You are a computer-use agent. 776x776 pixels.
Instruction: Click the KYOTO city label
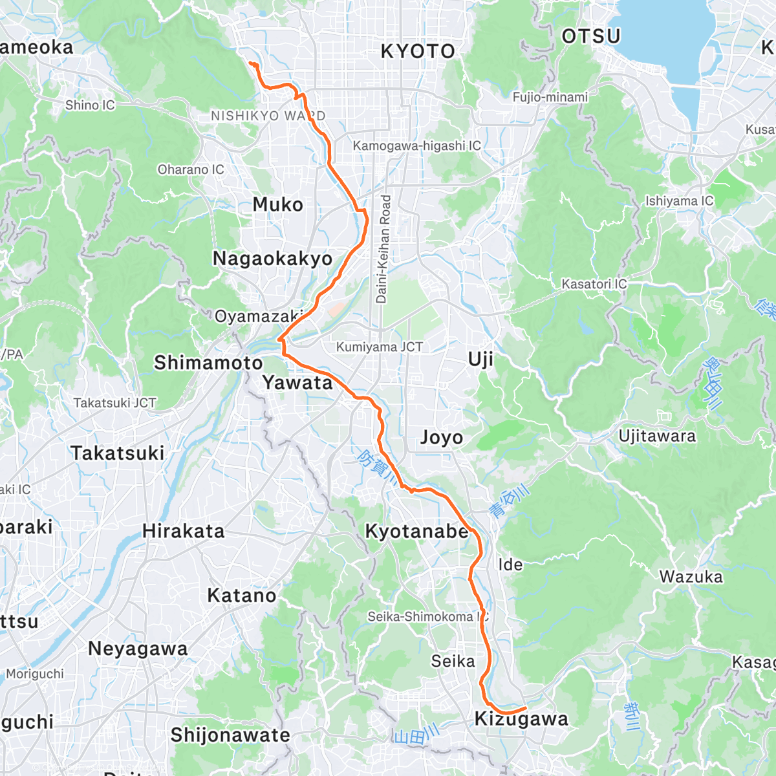(418, 52)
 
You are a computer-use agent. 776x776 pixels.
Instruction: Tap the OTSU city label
(591, 36)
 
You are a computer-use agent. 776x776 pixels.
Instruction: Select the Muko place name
(278, 205)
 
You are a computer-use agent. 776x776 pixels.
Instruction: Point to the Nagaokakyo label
(272, 259)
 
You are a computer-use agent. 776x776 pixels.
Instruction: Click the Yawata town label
(297, 383)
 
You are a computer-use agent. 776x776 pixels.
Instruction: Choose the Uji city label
(480, 360)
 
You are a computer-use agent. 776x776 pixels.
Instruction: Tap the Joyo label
(442, 438)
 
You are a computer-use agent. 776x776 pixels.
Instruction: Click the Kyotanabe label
(417, 532)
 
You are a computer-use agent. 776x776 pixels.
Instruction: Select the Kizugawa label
(521, 719)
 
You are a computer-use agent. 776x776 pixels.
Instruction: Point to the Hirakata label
(184, 532)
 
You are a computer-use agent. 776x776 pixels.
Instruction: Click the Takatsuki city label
(118, 453)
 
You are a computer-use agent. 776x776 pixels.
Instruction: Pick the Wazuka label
(691, 577)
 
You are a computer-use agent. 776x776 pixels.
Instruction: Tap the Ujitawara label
(657, 436)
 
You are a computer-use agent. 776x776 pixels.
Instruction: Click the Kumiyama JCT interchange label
(380, 347)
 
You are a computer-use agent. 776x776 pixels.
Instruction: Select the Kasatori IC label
(594, 284)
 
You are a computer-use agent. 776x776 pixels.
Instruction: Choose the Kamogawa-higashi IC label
(416, 146)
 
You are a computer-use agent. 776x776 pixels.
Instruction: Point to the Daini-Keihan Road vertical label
(383, 249)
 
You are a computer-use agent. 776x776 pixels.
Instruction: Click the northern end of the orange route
(250, 63)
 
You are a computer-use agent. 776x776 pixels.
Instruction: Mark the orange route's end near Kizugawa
(525, 707)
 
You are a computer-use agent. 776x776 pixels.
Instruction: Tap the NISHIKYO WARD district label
(268, 116)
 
